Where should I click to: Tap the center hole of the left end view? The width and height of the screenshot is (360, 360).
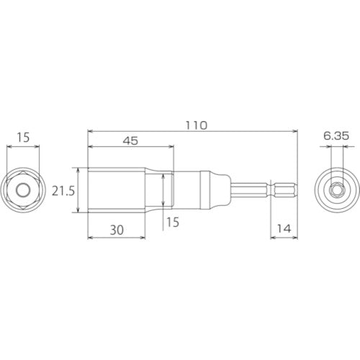click(x=24, y=190)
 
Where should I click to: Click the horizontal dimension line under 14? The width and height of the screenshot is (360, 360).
click(x=282, y=238)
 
